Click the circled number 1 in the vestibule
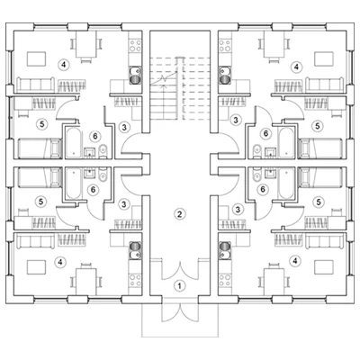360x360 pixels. click(x=180, y=285)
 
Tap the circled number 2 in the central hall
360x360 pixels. click(x=180, y=214)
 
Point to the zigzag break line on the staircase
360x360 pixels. click(x=164, y=78)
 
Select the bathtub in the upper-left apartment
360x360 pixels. click(x=74, y=142)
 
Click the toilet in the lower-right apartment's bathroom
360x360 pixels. click(x=257, y=176)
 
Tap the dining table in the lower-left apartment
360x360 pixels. click(x=86, y=282)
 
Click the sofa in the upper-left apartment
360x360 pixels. click(x=36, y=85)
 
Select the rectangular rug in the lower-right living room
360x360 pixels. click(x=324, y=267)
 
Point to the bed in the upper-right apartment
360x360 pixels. click(x=321, y=148)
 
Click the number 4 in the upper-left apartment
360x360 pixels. click(x=63, y=64)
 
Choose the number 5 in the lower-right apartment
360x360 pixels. click(x=319, y=202)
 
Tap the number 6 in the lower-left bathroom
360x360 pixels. click(x=93, y=190)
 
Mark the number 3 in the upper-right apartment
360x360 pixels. click(x=236, y=120)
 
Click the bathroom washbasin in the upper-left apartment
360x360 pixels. click(x=90, y=152)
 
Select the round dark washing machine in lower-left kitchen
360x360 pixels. click(x=136, y=246)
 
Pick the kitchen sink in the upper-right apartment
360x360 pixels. click(x=224, y=71)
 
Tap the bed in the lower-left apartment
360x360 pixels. click(x=39, y=177)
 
